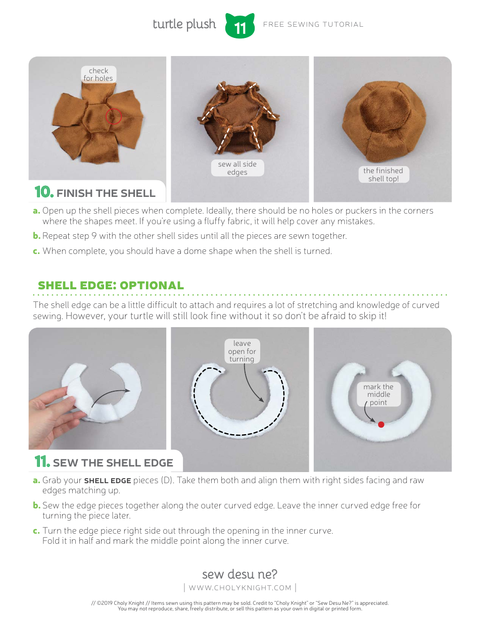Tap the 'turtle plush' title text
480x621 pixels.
tap(184, 24)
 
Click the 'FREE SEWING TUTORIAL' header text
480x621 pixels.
tap(313, 24)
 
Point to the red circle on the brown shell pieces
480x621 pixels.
tap(114, 116)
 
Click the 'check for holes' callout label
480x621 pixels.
tap(99, 74)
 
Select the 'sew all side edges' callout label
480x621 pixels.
tap(237, 168)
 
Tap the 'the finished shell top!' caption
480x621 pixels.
tap(383, 175)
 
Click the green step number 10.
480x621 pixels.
tap(43, 192)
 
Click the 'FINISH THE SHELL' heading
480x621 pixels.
tap(106, 193)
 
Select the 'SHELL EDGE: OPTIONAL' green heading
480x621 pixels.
tap(111, 285)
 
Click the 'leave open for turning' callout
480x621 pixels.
tap(242, 351)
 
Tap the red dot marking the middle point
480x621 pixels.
tap(381, 425)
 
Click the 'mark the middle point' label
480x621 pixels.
tap(379, 394)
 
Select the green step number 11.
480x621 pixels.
tap(42, 462)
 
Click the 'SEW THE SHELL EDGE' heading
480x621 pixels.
tap(113, 463)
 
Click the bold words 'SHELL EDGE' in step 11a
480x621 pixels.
tap(107, 481)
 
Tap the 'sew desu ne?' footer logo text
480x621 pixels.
tap(239, 574)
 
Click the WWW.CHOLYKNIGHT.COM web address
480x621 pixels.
tap(240, 588)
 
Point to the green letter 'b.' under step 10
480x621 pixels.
tap(36, 236)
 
